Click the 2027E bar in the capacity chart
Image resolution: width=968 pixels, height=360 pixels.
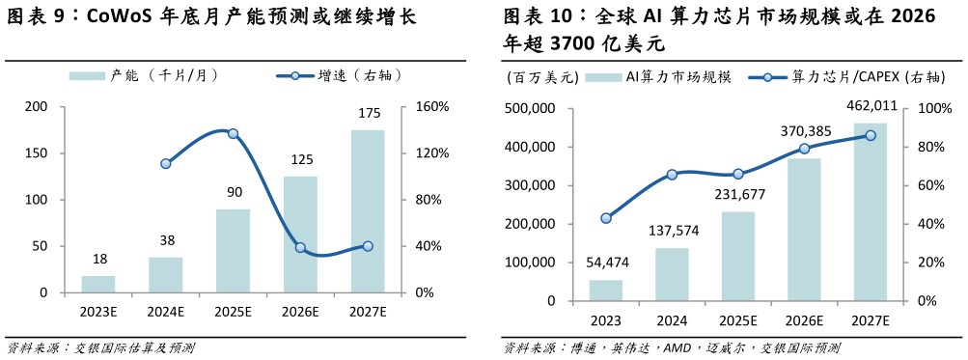point(368,211)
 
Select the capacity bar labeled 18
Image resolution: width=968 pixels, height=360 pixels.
point(97,284)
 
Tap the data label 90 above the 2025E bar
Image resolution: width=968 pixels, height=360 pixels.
point(234,192)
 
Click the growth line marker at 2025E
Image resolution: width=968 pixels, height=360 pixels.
point(233,133)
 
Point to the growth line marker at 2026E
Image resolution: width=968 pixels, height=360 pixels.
point(300,248)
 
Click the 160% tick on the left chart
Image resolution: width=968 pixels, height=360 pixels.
point(430,107)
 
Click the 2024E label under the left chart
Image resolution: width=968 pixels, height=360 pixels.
point(165,311)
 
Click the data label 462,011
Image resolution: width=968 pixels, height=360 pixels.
point(871,106)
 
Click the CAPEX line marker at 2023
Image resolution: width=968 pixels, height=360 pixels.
point(606,218)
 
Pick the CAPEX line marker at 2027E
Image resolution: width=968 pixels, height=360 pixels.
point(870,136)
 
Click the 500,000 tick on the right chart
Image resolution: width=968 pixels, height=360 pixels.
point(530,109)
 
